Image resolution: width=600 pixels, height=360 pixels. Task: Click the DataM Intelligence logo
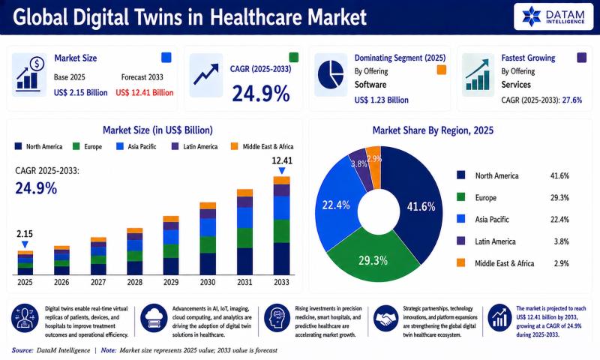tap(553, 16)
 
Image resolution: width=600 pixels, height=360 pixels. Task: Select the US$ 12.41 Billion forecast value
tap(144, 92)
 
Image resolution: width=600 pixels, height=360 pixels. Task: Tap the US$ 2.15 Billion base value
tap(80, 92)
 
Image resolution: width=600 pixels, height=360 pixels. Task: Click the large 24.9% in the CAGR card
tap(260, 94)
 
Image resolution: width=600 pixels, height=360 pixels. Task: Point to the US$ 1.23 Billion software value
tap(381, 100)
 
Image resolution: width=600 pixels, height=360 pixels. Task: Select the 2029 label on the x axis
tap(171, 282)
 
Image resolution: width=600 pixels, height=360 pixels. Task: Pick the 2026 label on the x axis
tap(61, 282)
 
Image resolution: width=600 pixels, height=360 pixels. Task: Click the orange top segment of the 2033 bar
tap(282, 180)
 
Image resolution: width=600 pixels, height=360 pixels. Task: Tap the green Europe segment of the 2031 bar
tap(244, 238)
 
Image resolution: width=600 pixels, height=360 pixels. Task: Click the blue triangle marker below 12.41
tap(282, 171)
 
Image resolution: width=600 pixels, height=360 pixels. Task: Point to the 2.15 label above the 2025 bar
tap(25, 234)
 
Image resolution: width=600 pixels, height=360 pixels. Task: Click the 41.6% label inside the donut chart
tap(421, 207)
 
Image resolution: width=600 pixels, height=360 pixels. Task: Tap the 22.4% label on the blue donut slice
tap(336, 205)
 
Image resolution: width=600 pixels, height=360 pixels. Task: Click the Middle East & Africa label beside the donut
tap(504, 263)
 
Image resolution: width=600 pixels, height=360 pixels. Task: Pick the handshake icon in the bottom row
tap(385, 318)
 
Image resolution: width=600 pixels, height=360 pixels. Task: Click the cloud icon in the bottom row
tap(154, 318)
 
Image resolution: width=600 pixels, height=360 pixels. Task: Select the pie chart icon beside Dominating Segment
tap(331, 74)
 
